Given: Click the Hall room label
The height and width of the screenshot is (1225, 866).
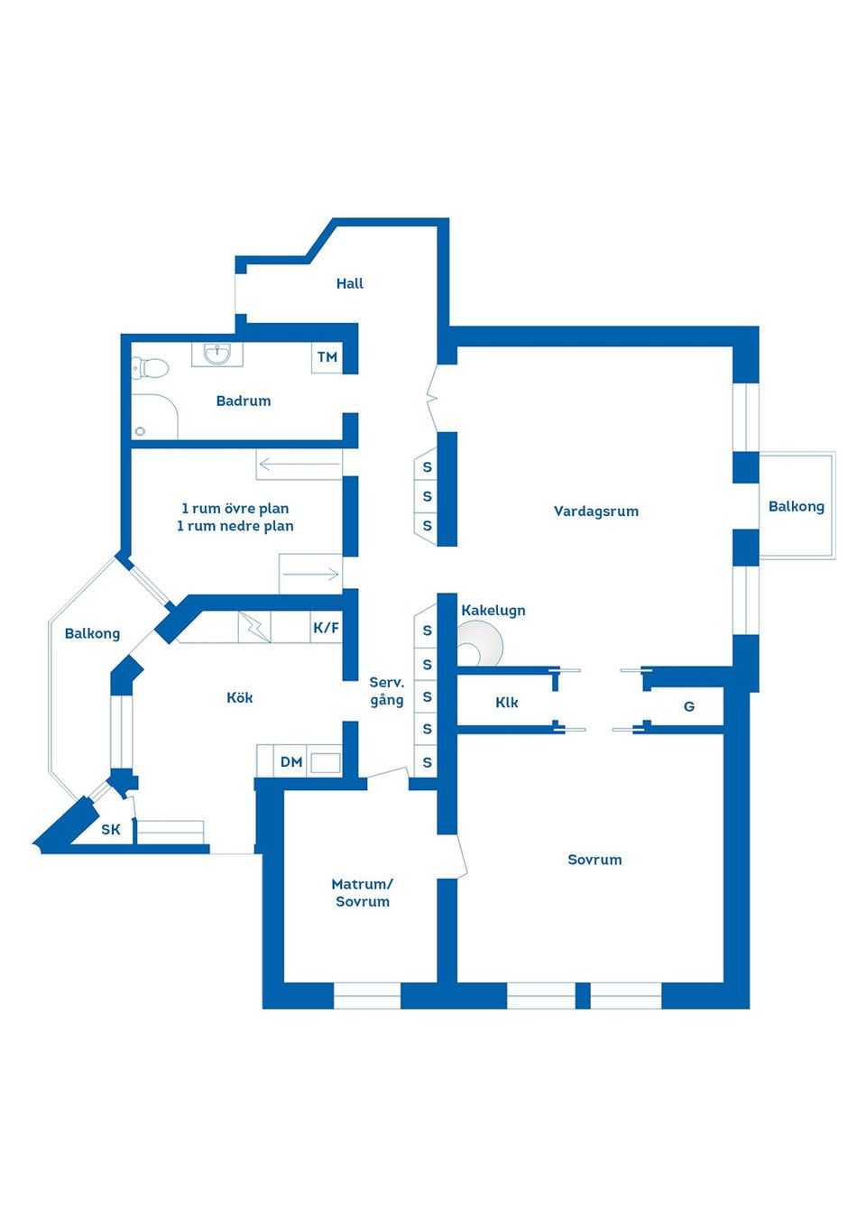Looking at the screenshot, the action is pos(349,283).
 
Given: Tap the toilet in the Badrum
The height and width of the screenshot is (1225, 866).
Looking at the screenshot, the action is pos(151,367).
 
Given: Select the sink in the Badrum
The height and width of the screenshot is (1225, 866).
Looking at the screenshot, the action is pos(217,355).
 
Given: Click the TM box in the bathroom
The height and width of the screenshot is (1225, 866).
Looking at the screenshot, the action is pos(327,357).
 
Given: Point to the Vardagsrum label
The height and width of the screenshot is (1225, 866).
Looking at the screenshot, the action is pos(596,511).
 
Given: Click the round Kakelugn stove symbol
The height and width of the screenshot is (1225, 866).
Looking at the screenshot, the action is pos(481,644).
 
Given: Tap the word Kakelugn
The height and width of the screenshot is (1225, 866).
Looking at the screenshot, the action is pos(493,611).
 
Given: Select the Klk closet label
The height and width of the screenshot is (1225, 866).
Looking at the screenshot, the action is pos(506,702).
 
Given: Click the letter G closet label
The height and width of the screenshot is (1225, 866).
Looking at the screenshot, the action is pos(689,706).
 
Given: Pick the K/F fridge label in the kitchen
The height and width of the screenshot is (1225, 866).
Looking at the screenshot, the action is pos(326,627).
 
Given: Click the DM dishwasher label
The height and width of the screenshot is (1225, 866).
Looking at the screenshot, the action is pos(291,762).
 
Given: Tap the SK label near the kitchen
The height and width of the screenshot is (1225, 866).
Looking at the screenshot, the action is pos(111,830).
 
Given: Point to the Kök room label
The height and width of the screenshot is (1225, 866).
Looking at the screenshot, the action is pos(239,697).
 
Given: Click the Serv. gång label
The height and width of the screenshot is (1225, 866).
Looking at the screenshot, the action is pos(387,692).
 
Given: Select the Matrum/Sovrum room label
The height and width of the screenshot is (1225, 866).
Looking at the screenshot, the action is pos(363,892).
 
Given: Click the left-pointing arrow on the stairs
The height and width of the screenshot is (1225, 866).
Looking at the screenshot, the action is pos(299,465).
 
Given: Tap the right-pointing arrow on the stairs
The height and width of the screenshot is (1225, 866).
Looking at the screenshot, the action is pos(311,574).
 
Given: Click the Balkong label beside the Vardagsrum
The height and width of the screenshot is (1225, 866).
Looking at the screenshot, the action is pos(796,506).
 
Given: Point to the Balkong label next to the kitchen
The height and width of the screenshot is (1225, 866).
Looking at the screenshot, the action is pos(92,633).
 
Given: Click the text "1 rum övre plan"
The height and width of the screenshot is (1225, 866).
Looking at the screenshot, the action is pos(235,508).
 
